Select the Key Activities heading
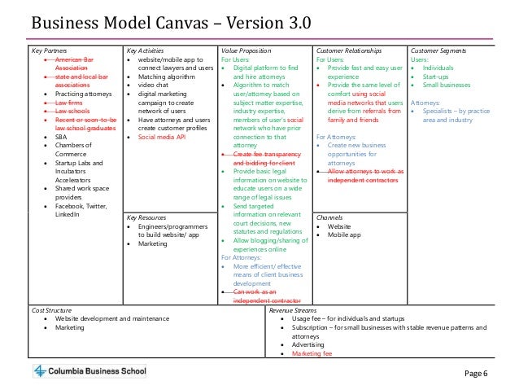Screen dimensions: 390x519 click(x=145, y=51)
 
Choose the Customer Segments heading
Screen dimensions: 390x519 click(x=438, y=51)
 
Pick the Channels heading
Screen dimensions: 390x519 click(x=329, y=217)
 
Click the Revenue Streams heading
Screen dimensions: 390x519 click(x=294, y=310)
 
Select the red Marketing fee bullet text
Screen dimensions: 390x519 click(x=312, y=353)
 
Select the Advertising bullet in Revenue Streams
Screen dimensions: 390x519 click(x=309, y=344)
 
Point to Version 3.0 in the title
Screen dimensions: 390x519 click(x=270, y=20)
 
